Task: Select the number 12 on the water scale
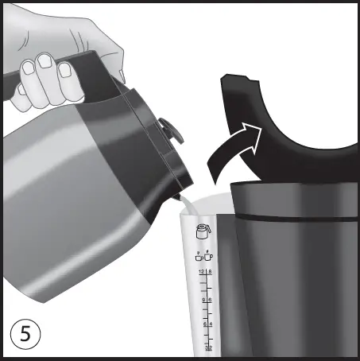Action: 202,272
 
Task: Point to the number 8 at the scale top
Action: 211,272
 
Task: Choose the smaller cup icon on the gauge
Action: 198,255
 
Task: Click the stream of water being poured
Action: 182,205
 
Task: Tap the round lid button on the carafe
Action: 168,128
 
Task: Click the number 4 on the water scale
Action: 211,324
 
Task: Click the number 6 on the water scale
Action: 211,300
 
